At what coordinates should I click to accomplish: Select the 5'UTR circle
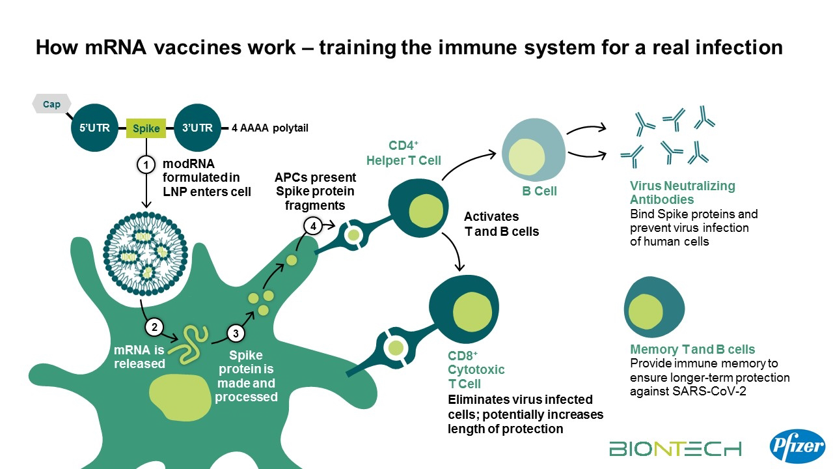[95, 128]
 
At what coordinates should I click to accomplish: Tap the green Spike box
[146, 128]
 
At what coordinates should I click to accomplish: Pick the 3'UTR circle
[197, 128]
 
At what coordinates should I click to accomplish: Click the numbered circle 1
[146, 165]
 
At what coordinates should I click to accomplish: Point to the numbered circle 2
[154, 326]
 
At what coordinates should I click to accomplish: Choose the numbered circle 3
[236, 334]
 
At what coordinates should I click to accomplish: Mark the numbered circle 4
[313, 226]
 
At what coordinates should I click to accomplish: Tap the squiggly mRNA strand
[193, 343]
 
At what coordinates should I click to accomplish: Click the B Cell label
[539, 192]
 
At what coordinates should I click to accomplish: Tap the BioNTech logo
[675, 448]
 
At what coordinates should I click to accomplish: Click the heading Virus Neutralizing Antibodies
[682, 193]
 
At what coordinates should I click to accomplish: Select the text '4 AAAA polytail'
[269, 128]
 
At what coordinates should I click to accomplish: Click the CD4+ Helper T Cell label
[403, 154]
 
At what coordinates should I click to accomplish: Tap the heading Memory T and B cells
[692, 350]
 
